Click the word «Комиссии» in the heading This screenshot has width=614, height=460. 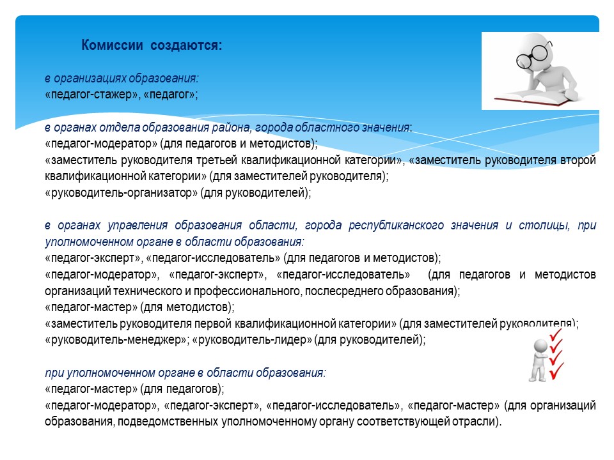[x=112, y=45]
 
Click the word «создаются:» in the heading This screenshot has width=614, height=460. [x=186, y=46]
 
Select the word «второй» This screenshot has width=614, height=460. [x=578, y=160]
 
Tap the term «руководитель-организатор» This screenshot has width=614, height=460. [x=122, y=193]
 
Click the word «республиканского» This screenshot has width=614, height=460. [x=397, y=226]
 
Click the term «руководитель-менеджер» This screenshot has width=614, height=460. [x=116, y=339]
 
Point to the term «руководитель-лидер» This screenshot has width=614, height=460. [x=253, y=339]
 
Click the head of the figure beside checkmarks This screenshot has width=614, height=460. [x=540, y=346]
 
